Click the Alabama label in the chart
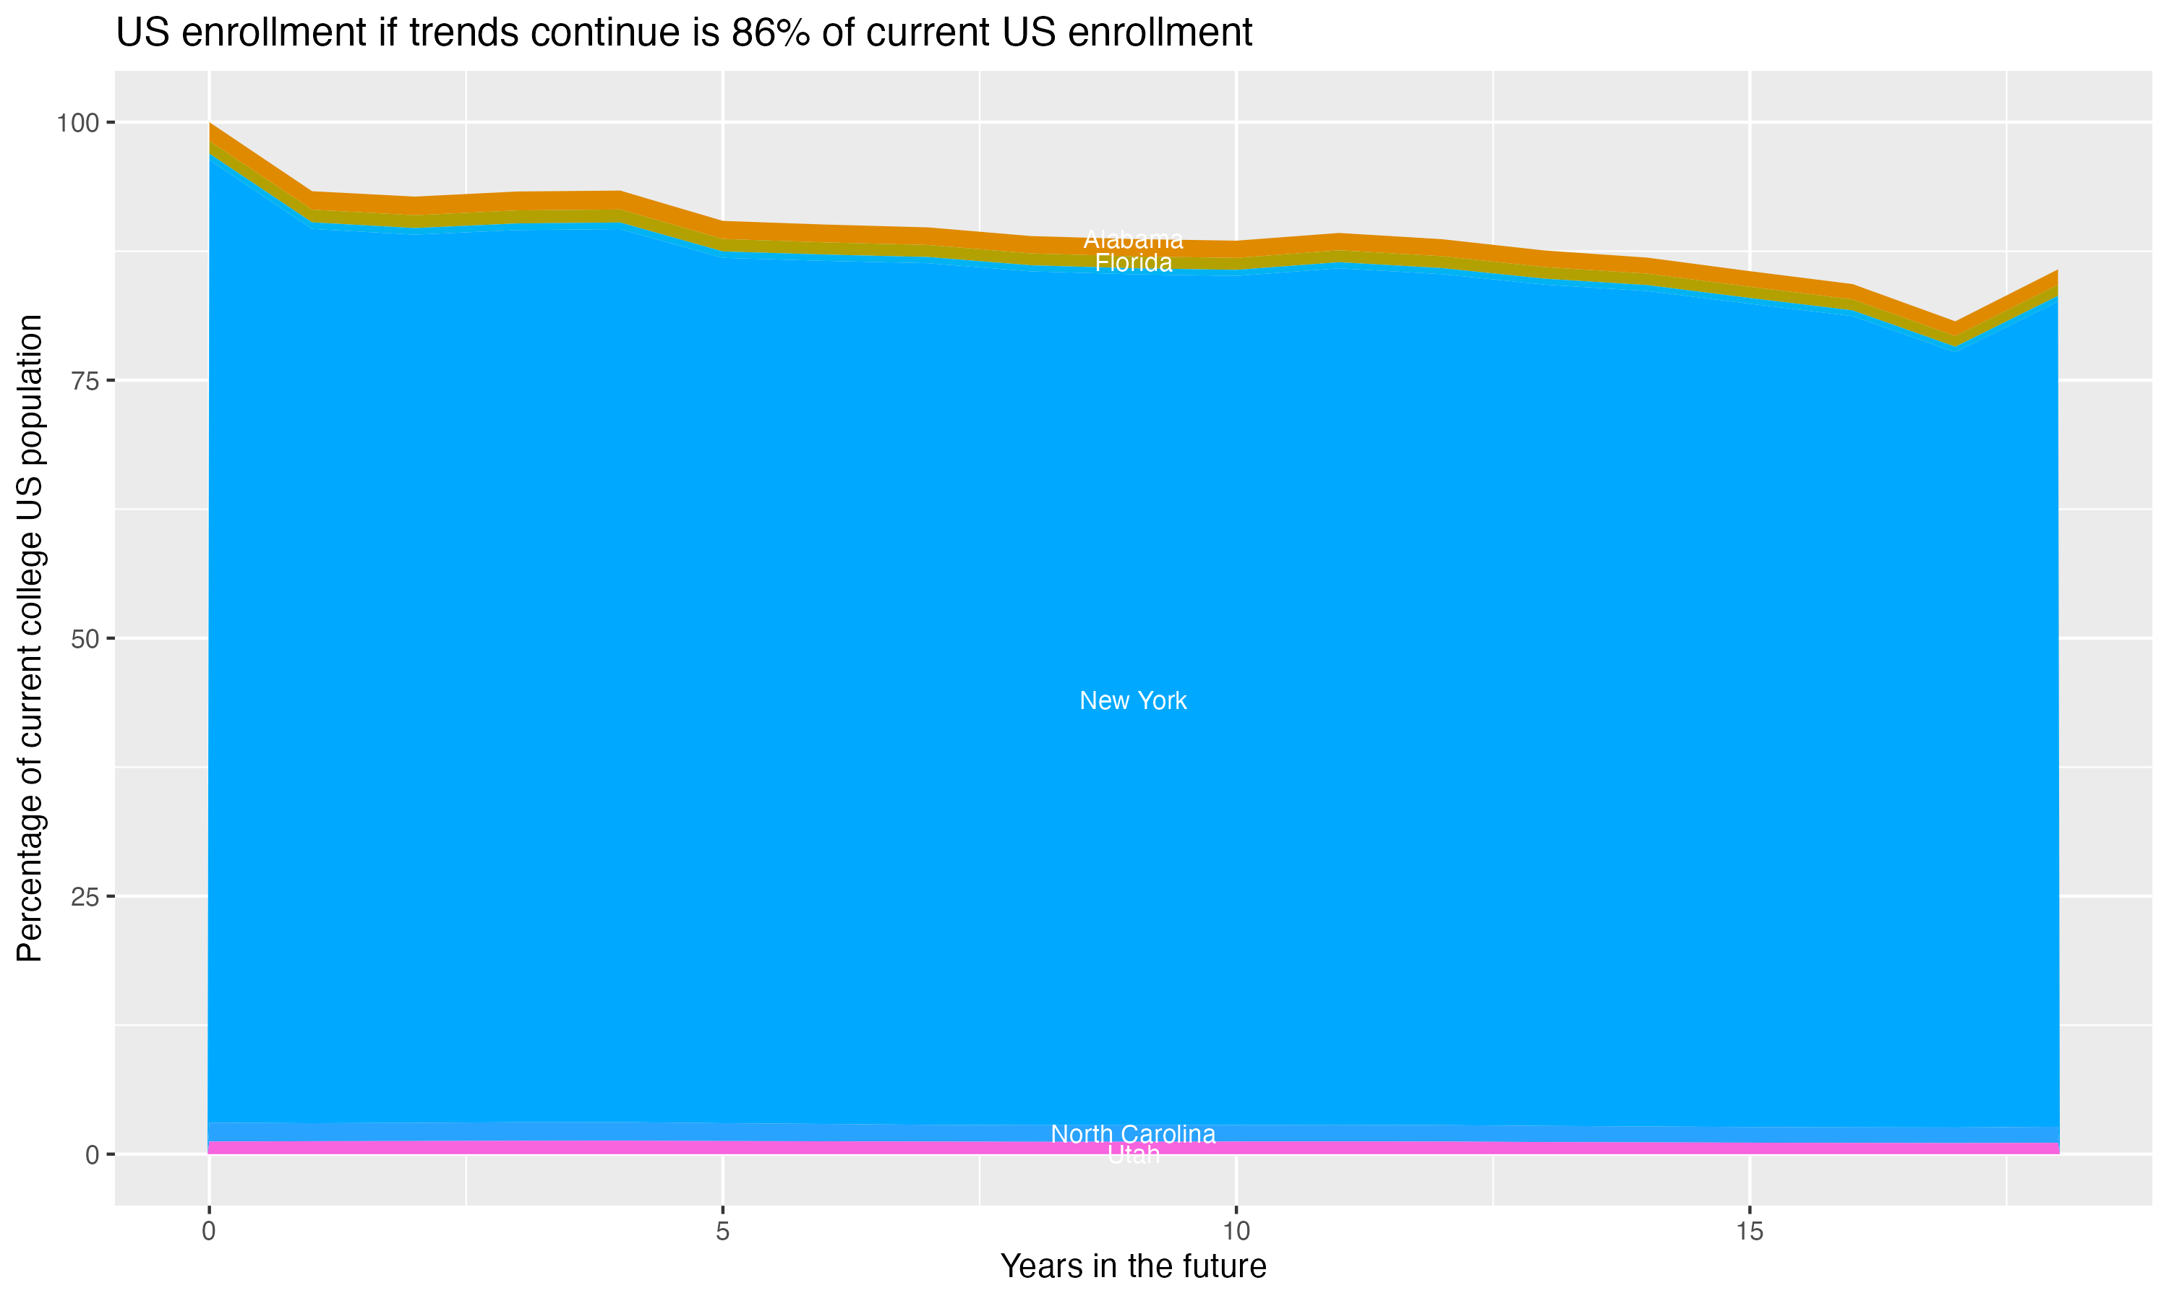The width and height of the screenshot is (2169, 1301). point(1133,239)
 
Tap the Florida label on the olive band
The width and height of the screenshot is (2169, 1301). point(1133,263)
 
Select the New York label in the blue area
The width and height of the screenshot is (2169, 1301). point(1133,700)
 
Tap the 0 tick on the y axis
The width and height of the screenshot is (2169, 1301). point(92,1154)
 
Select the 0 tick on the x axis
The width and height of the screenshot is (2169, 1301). point(209,1232)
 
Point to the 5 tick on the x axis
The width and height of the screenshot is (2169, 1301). point(722,1232)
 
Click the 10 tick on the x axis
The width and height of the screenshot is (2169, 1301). point(1236,1232)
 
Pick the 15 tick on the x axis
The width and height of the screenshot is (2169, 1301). point(1750,1232)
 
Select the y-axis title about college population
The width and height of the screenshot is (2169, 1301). point(30,638)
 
